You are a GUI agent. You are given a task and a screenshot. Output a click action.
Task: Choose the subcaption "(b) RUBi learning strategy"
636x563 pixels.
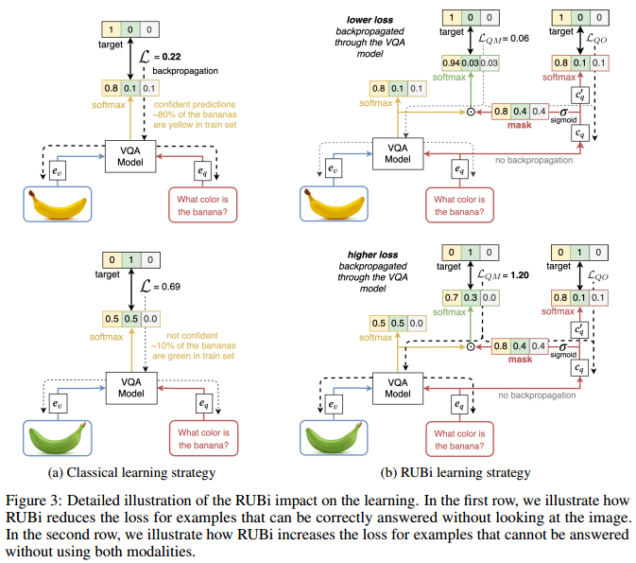(457, 472)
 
